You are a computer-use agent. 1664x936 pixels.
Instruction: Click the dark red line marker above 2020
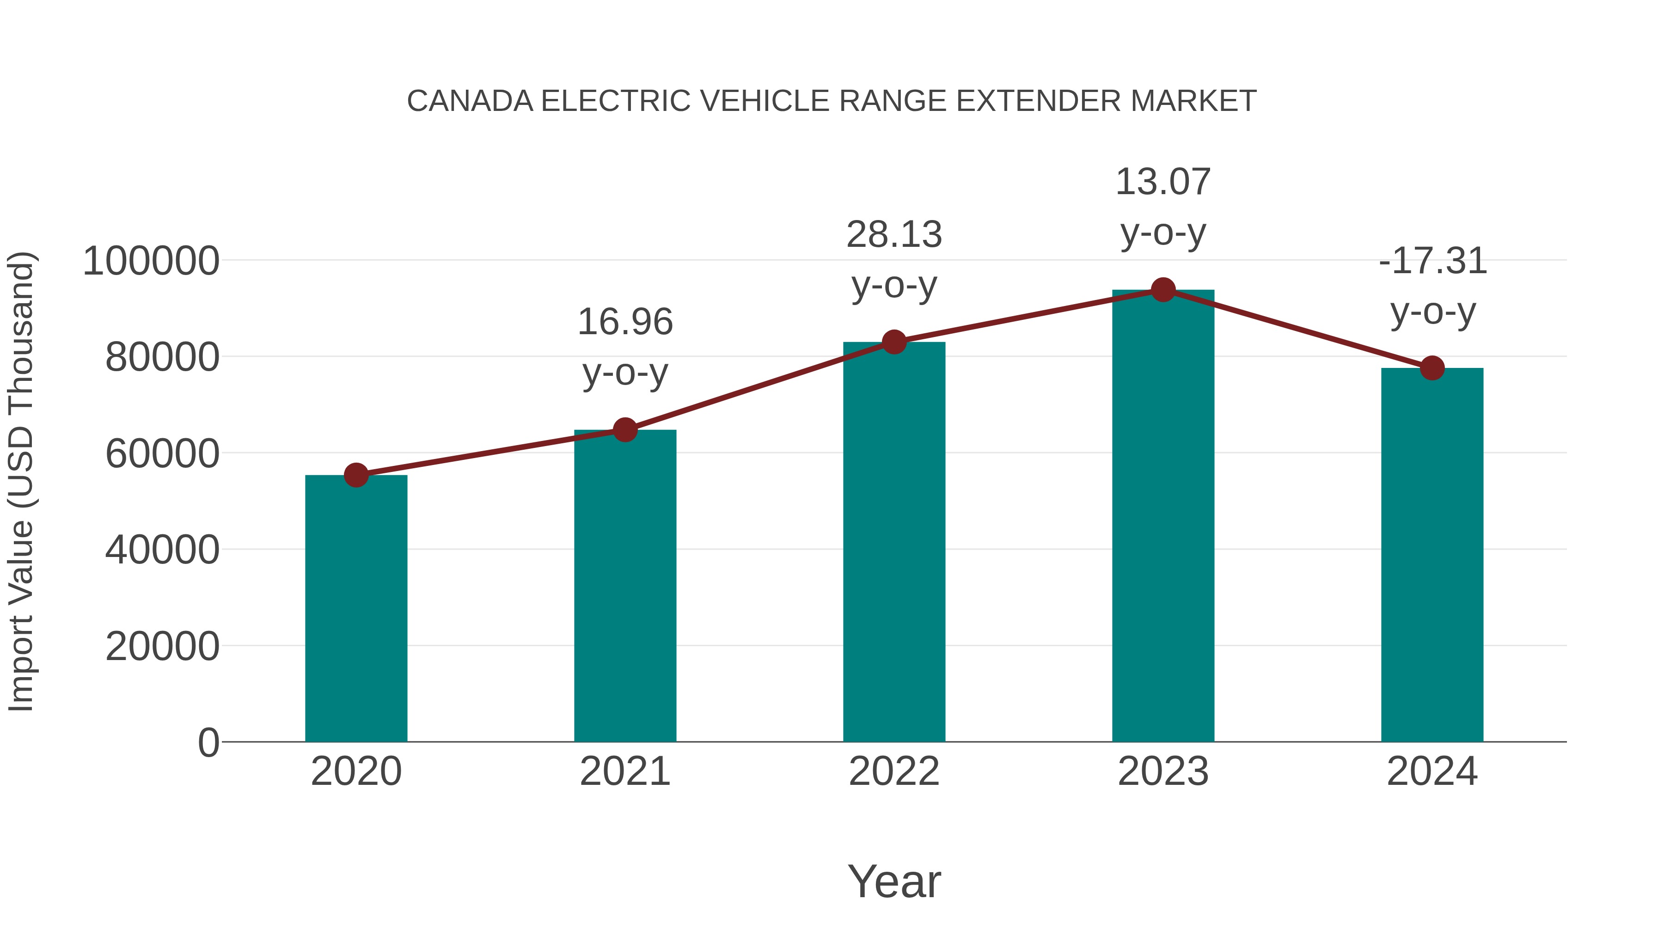[x=356, y=475]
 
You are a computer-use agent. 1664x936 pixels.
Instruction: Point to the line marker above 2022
[x=894, y=342]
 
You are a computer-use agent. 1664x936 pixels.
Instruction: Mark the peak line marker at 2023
[x=1163, y=290]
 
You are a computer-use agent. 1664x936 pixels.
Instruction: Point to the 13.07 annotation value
[x=1163, y=182]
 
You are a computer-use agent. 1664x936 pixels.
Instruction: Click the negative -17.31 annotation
[x=1432, y=261]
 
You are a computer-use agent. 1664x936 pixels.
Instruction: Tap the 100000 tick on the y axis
[x=151, y=261]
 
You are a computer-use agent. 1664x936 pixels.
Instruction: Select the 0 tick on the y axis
[x=208, y=742]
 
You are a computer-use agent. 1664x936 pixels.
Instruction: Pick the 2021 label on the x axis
[x=624, y=771]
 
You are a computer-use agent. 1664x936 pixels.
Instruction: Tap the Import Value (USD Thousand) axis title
[x=21, y=481]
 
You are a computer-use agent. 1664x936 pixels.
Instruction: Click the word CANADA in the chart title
[x=470, y=101]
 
